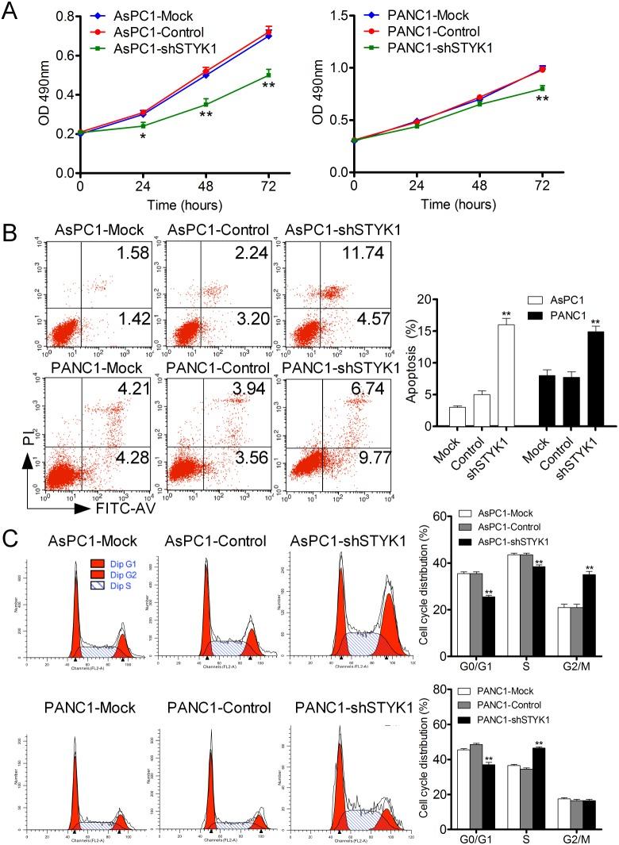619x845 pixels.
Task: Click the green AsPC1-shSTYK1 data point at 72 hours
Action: (x=268, y=75)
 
